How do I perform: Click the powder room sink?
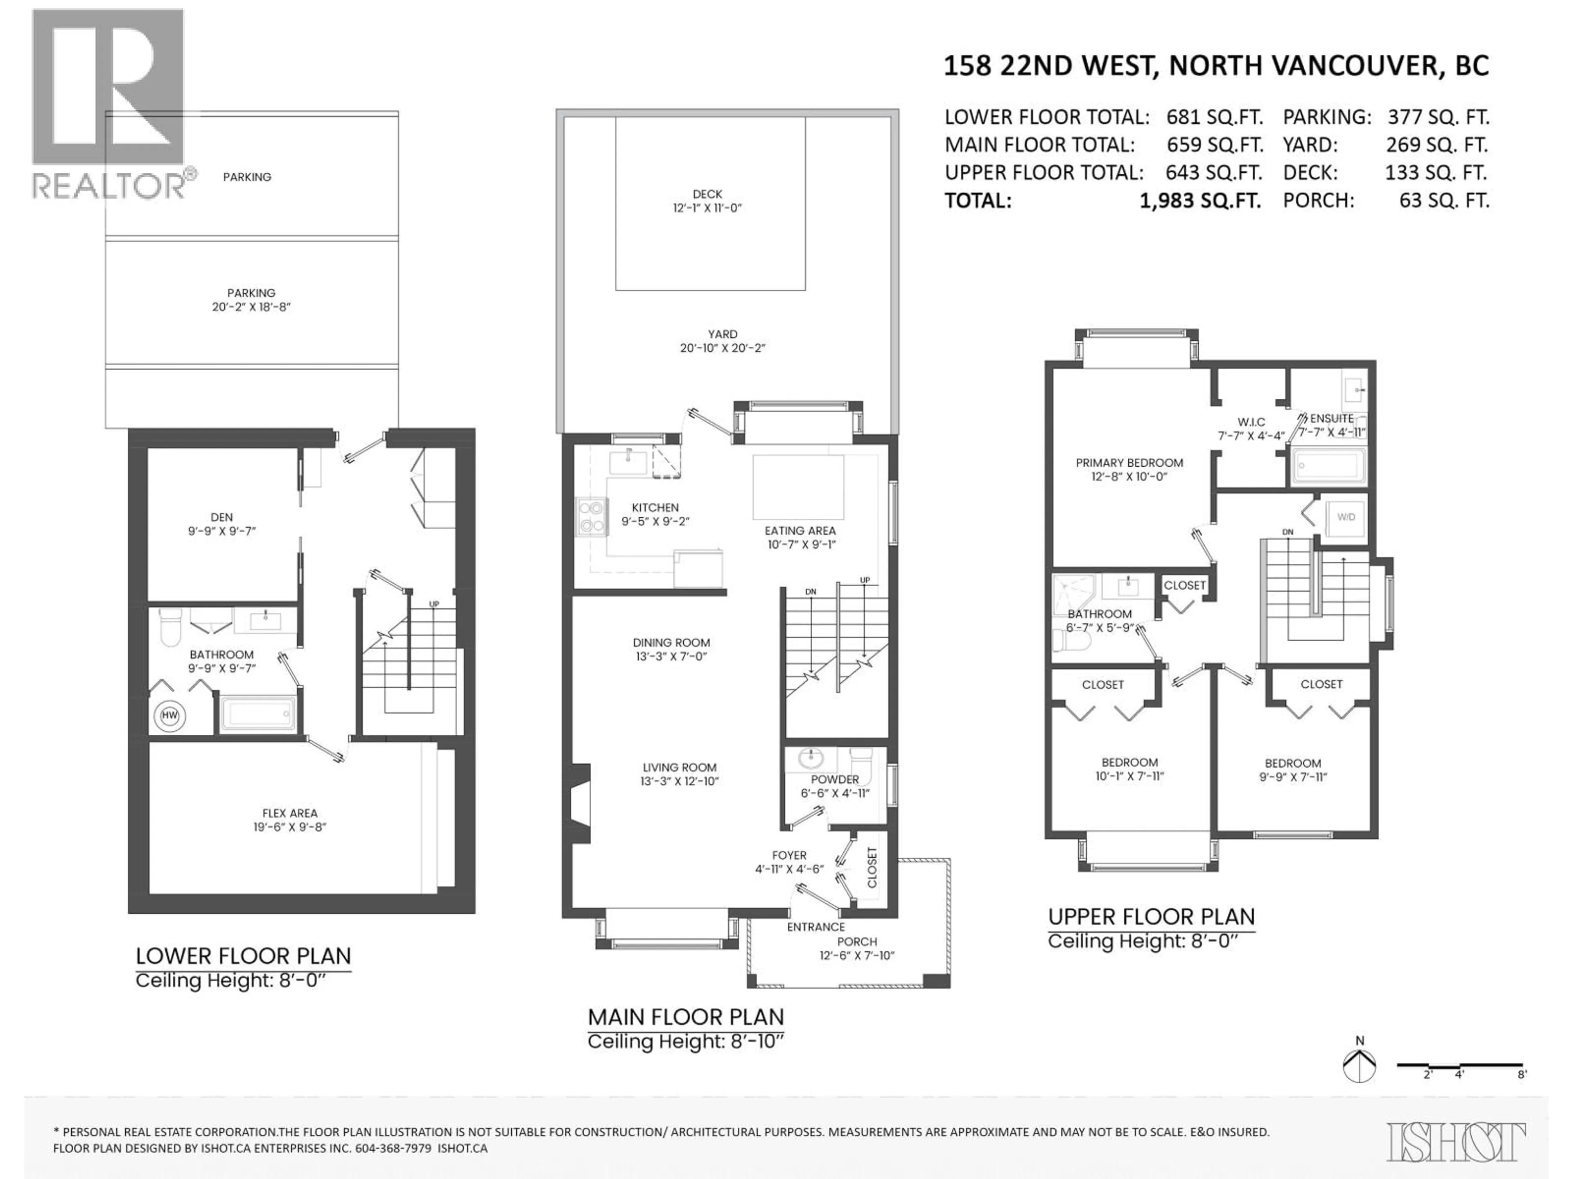point(809,759)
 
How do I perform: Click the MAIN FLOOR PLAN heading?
point(686,1017)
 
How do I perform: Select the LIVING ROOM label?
point(680,774)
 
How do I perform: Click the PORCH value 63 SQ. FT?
point(1443,201)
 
